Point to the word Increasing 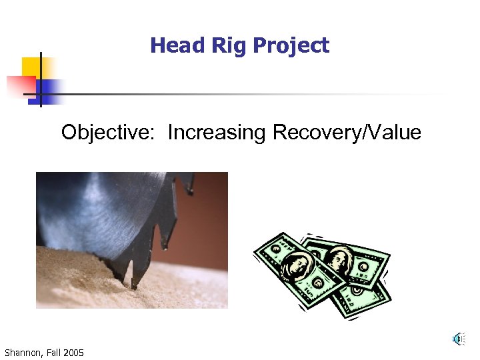(x=217, y=133)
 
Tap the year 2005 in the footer (x=74, y=352)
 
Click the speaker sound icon (x=457, y=339)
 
